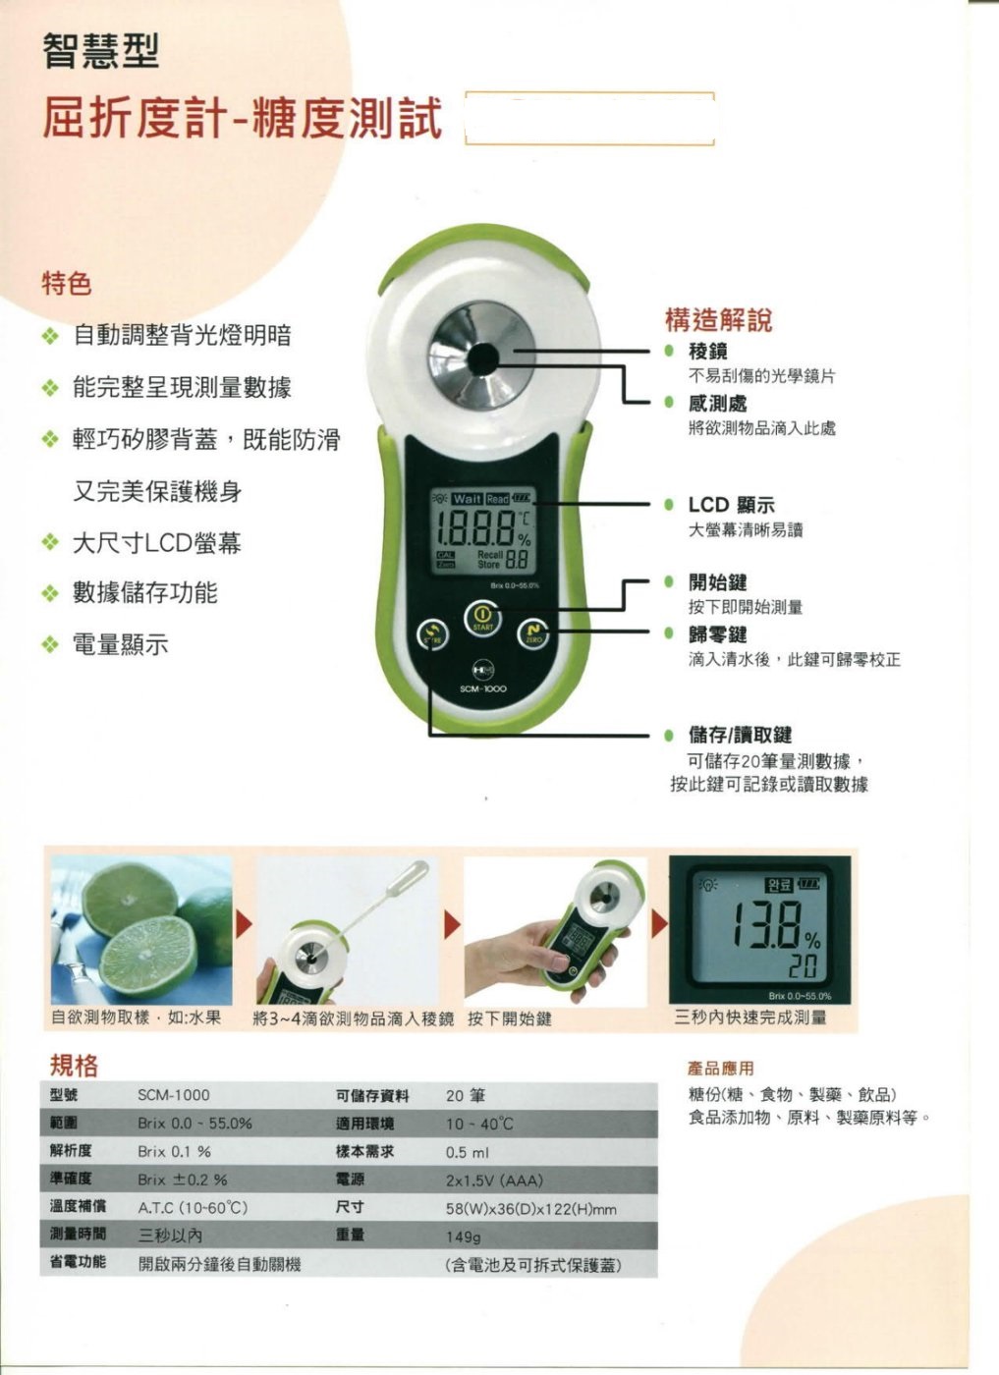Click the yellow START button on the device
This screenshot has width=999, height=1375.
[482, 620]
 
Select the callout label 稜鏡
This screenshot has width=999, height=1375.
[708, 351]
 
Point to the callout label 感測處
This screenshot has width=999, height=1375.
[717, 403]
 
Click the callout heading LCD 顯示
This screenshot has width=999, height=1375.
[731, 505]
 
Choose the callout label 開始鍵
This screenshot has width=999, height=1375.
[717, 582]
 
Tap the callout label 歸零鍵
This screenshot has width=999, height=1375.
[717, 634]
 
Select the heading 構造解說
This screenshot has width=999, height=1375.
[718, 319]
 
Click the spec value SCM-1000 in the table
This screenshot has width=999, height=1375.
[174, 1095]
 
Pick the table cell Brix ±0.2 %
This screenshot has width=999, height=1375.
[183, 1180]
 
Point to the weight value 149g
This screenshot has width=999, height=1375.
[464, 1236]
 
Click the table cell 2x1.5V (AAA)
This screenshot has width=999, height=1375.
[494, 1180]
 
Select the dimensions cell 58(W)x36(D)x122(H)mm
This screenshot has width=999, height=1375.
[531, 1208]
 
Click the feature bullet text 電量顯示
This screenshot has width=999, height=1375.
[121, 644]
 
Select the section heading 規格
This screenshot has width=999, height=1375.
[74, 1065]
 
